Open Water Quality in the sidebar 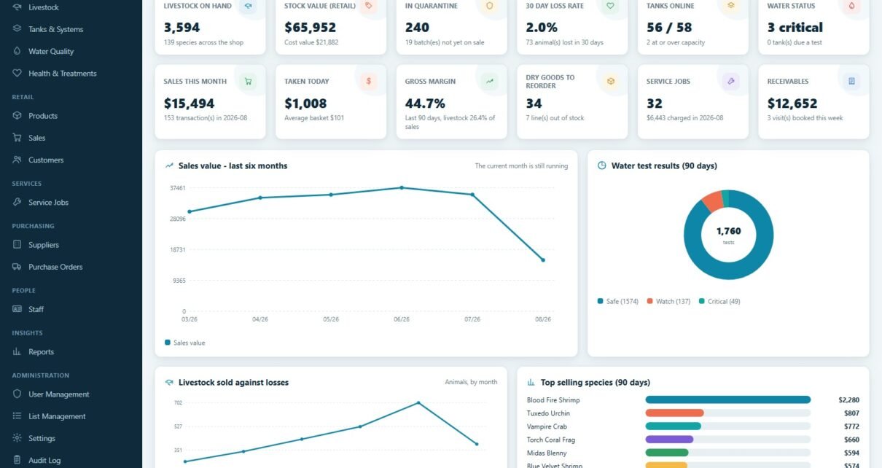click(51, 51)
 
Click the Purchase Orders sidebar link click(55, 267)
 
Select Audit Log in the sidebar click(44, 460)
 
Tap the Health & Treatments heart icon click(17, 73)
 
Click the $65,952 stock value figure click(311, 27)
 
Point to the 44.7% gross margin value click(425, 104)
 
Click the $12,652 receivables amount click(792, 104)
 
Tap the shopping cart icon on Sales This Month click(248, 82)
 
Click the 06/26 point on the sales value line click(402, 188)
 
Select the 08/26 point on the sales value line click(543, 260)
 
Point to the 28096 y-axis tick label click(178, 219)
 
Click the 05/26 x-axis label click(331, 319)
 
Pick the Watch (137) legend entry click(668, 301)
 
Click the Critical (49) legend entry click(719, 301)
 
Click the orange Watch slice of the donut click(713, 201)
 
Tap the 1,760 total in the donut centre click(728, 231)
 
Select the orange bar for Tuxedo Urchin click(674, 413)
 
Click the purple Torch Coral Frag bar click(669, 440)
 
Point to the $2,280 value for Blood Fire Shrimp click(849, 400)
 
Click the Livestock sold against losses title click(233, 382)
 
